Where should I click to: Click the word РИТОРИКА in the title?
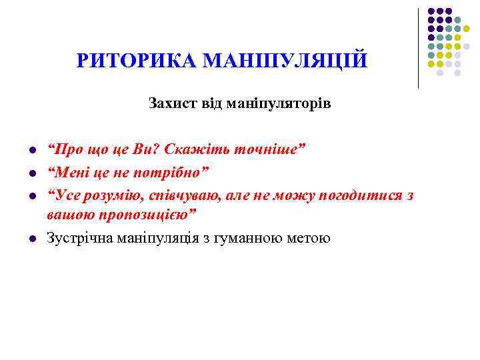(x=136, y=61)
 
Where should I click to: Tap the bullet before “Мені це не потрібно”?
(x=32, y=173)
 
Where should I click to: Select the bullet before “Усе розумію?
(x=32, y=197)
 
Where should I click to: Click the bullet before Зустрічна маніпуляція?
(x=32, y=239)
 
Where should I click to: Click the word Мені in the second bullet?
(x=66, y=172)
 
